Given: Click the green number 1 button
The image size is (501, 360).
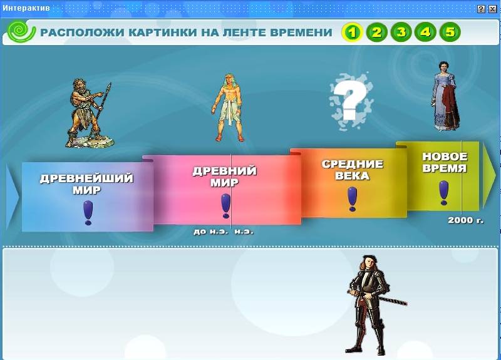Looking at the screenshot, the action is (x=352, y=33).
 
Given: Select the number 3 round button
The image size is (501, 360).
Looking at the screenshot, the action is (x=401, y=33).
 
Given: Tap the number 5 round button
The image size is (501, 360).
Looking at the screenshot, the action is (x=450, y=33).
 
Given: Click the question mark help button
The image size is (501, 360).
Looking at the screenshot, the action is (x=481, y=9).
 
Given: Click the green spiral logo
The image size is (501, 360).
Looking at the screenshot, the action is (x=21, y=31).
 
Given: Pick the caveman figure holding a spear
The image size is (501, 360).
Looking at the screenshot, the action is (x=90, y=113).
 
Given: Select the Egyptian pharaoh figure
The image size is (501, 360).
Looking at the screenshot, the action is (x=228, y=108).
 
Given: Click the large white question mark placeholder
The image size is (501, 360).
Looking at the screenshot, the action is (x=351, y=101).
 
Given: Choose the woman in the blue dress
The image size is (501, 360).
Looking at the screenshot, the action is (x=446, y=96).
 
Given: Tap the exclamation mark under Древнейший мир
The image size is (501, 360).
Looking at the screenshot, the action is (x=88, y=213).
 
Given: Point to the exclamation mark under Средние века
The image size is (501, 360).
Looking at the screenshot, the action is (x=352, y=199).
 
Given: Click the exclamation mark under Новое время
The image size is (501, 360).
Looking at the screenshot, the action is (x=444, y=193).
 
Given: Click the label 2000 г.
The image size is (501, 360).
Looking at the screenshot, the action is (x=465, y=220).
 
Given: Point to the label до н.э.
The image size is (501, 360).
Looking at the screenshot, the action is (x=211, y=231).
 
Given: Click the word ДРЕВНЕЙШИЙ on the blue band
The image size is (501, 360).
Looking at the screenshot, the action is (x=86, y=178).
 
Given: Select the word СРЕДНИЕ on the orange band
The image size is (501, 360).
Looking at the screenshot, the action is (x=352, y=164).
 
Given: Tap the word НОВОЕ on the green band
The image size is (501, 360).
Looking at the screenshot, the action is (x=445, y=157).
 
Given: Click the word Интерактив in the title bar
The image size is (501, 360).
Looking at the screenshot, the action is (x=26, y=8).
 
